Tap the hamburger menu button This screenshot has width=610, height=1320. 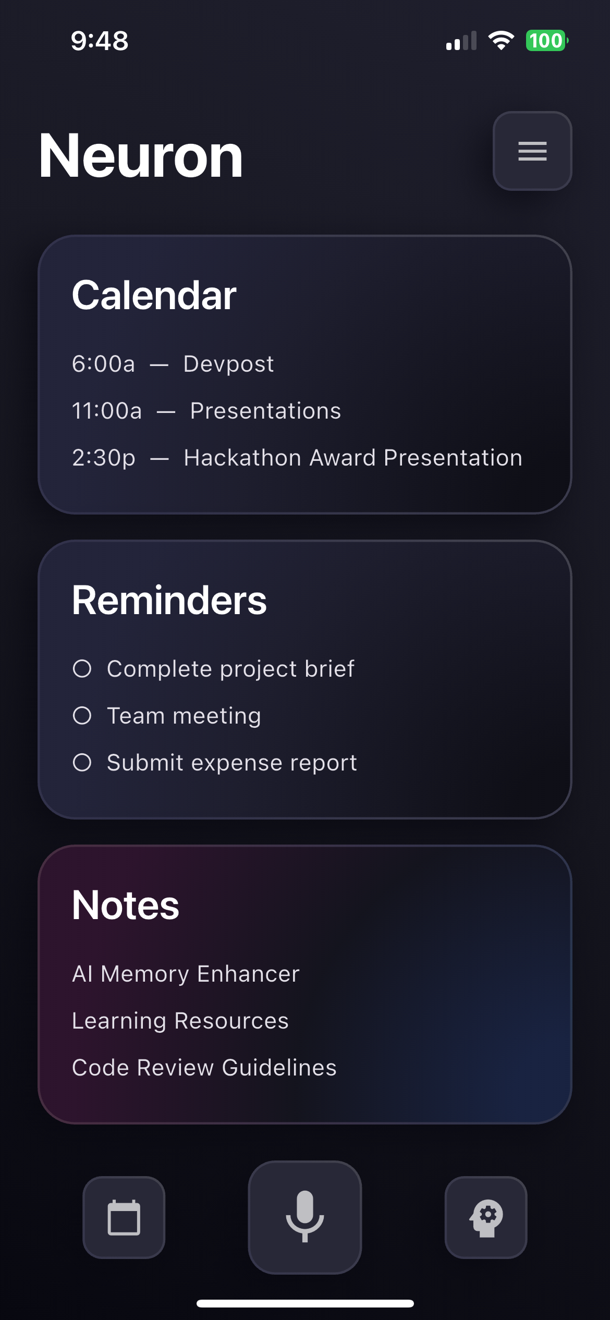[532, 151]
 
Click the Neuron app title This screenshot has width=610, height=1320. [141, 156]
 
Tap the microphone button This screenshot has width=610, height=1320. [305, 1217]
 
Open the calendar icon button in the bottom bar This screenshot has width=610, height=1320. [124, 1217]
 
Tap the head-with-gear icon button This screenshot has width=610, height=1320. [486, 1217]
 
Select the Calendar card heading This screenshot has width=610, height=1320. [154, 295]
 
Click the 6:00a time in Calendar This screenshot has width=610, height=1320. [104, 364]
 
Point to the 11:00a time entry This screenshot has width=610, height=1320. [107, 411]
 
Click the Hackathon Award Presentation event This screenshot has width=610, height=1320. [353, 458]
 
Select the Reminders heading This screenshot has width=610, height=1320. [169, 600]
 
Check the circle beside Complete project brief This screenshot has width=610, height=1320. [82, 668]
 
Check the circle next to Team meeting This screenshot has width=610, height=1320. [82, 715]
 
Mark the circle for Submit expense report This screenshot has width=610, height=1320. [82, 762]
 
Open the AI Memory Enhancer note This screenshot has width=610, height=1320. [186, 974]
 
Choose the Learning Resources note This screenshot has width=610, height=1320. [180, 1021]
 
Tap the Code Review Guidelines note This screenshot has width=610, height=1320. [204, 1068]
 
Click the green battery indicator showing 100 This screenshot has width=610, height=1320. [546, 41]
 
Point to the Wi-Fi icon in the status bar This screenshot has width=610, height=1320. [501, 41]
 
